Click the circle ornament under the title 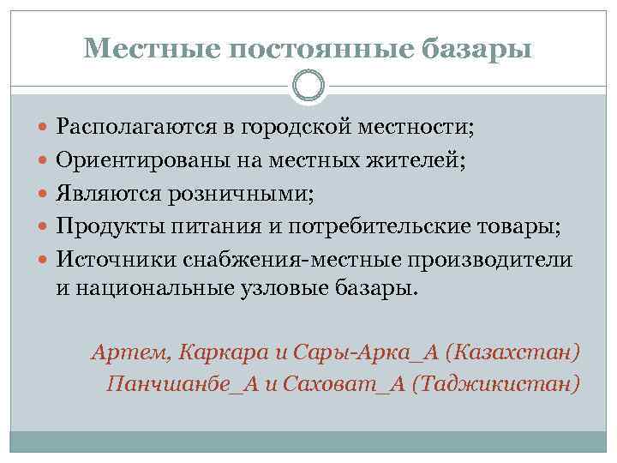pyautogui.click(x=308, y=85)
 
